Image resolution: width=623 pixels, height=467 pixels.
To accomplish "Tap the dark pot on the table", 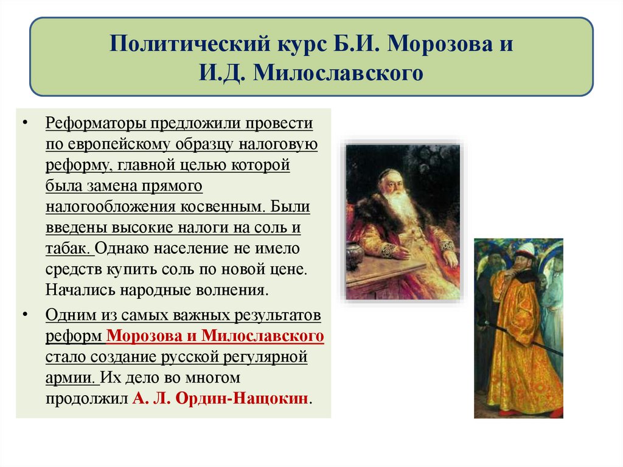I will coord(354,254).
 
